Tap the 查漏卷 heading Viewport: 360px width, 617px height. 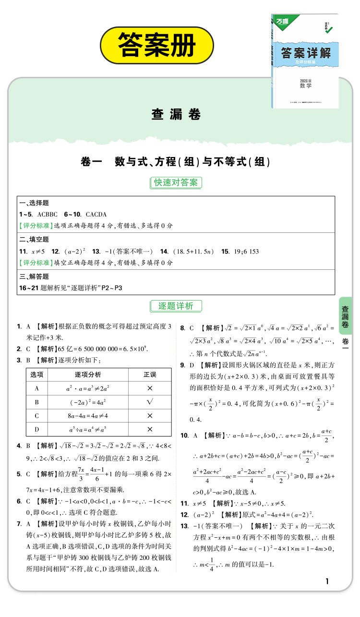click(x=176, y=114)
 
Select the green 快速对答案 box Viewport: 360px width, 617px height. click(x=175, y=182)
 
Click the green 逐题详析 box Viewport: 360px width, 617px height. click(x=176, y=306)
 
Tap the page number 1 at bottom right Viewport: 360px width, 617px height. click(x=327, y=581)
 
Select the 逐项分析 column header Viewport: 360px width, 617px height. click(x=88, y=375)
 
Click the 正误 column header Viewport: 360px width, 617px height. click(x=150, y=375)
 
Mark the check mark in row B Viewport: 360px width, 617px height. click(x=150, y=401)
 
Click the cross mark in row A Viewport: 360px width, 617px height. click(x=150, y=388)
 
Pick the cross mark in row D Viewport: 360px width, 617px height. click(x=150, y=429)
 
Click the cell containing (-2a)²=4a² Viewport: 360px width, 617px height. click(x=88, y=402)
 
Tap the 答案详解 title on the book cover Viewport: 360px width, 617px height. click(x=306, y=52)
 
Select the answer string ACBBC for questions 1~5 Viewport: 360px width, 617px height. click(x=47, y=214)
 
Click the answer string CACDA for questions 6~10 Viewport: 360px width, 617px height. click(x=96, y=214)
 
